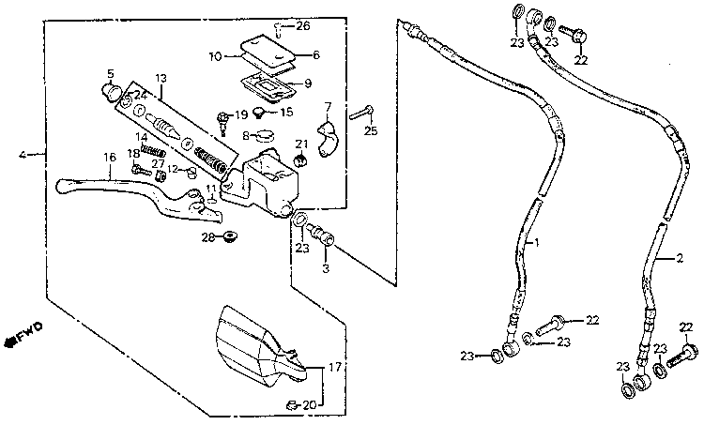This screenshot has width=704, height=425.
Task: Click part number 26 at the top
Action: click(x=303, y=25)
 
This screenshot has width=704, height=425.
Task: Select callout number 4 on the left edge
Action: click(x=23, y=153)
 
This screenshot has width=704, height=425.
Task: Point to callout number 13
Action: click(x=161, y=78)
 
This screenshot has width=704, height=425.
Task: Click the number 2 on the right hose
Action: click(x=665, y=257)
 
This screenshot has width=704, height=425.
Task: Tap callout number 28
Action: click(x=207, y=236)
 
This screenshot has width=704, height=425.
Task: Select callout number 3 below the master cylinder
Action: click(x=327, y=268)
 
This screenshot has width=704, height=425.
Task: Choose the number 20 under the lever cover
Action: click(x=310, y=404)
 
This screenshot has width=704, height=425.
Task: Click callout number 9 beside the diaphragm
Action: click(x=307, y=83)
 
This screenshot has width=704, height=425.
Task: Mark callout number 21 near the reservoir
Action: click(x=301, y=144)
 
